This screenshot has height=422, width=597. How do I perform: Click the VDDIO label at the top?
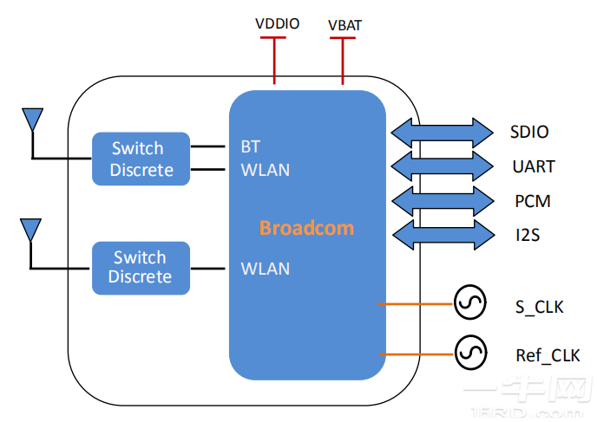tap(277, 23)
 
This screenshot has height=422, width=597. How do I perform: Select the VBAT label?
tap(344, 25)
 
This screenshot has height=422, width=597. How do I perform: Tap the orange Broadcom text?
tap(306, 229)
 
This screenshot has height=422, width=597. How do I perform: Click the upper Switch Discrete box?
tap(141, 159)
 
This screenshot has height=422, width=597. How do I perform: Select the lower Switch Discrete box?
tap(141, 267)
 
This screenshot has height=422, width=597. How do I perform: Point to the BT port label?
tap(251, 147)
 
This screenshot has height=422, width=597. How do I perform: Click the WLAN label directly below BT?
tap(265, 170)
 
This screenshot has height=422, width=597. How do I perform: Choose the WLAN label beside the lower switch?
tap(265, 269)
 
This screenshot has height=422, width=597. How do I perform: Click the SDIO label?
tap(529, 133)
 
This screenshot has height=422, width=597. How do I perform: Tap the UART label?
tap(534, 166)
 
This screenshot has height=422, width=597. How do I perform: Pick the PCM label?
tap(532, 201)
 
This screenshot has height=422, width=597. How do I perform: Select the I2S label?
tap(527, 234)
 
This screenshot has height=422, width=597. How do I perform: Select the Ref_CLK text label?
tap(547, 355)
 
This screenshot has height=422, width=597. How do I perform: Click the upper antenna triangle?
tap(32, 118)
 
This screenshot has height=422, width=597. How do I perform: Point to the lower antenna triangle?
tap(30, 229)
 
